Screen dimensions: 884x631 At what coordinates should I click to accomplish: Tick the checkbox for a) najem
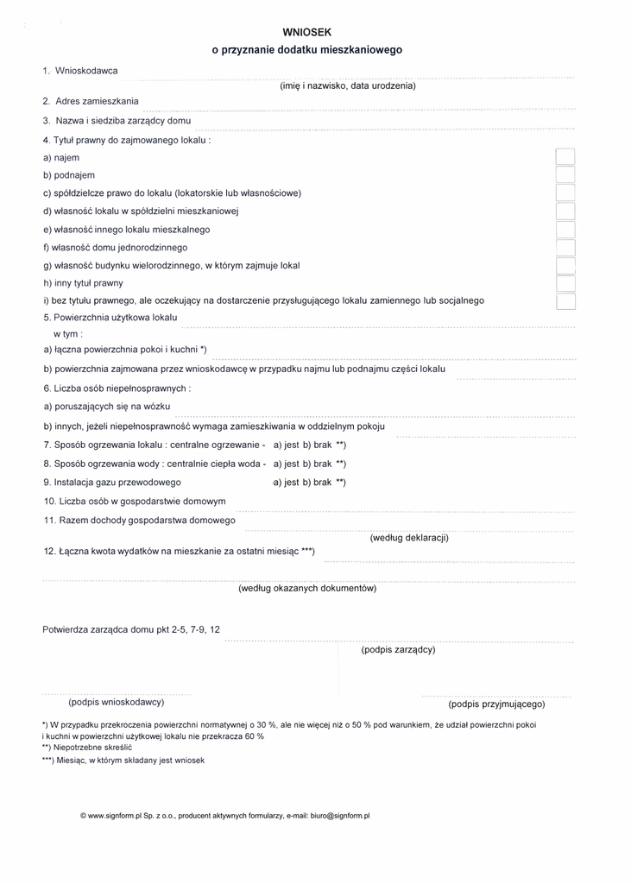[x=565, y=158]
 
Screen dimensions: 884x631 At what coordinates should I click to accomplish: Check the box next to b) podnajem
[x=565, y=175]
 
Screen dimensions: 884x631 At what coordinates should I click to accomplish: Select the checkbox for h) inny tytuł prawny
[x=565, y=283]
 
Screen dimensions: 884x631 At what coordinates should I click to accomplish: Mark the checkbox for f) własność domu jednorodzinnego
[x=565, y=248]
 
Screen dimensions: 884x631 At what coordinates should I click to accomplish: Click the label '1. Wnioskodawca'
[x=80, y=70]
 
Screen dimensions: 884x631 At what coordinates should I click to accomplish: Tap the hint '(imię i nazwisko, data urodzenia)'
[x=348, y=86]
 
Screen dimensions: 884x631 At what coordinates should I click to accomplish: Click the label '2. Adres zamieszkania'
[x=91, y=101]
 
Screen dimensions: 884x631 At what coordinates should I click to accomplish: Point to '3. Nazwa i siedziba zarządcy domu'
[x=117, y=121]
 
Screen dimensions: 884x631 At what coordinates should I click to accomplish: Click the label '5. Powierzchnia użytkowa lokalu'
[x=110, y=318]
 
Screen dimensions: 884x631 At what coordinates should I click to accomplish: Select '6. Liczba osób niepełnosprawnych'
[x=117, y=388]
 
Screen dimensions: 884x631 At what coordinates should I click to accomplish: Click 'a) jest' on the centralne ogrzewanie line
[x=286, y=445]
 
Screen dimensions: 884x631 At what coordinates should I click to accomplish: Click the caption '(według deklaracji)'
[x=409, y=538]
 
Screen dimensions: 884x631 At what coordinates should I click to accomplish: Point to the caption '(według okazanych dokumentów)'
[x=307, y=589]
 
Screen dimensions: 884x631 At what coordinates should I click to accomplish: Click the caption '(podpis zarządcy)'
[x=398, y=649]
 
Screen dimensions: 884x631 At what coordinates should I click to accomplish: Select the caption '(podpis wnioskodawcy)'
[x=117, y=703]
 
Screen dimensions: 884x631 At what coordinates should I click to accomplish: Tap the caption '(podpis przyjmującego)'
[x=496, y=704]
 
